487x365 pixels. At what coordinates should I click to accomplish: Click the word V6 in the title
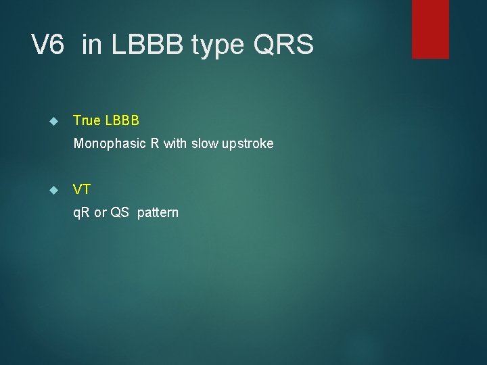pyautogui.click(x=48, y=45)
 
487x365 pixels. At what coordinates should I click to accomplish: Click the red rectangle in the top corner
pyautogui.click(x=430, y=29)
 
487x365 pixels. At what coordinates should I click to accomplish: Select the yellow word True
pyautogui.click(x=87, y=121)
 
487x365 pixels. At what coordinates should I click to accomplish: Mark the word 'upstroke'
pyautogui.click(x=249, y=144)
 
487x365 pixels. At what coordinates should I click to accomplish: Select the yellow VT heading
pyautogui.click(x=82, y=190)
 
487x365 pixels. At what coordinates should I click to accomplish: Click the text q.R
pyautogui.click(x=82, y=213)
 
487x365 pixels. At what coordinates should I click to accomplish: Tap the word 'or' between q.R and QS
pyautogui.click(x=100, y=213)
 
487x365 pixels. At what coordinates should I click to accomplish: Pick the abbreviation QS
pyautogui.click(x=120, y=213)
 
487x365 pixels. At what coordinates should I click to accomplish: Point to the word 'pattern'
pyautogui.click(x=158, y=213)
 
